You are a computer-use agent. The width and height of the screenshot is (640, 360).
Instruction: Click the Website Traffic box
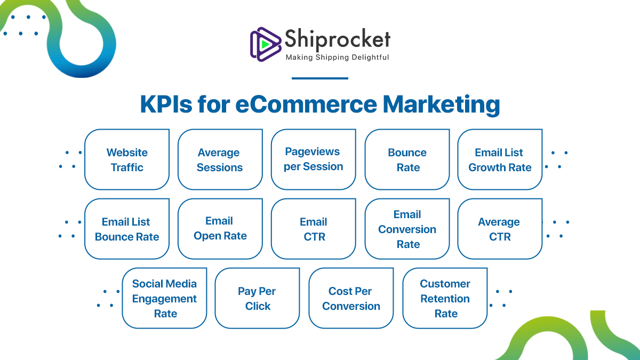pyautogui.click(x=127, y=159)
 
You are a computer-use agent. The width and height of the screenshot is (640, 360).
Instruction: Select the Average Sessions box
pyautogui.click(x=220, y=159)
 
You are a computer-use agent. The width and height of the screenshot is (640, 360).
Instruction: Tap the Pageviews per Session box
pyautogui.click(x=313, y=159)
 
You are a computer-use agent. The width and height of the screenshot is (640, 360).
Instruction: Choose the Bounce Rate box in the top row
pyautogui.click(x=407, y=159)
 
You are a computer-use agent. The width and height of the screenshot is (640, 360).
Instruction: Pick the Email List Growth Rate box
pyautogui.click(x=500, y=159)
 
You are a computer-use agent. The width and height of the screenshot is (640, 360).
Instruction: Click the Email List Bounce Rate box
pyautogui.click(x=127, y=229)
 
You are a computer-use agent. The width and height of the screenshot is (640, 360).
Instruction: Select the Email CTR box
pyautogui.click(x=313, y=229)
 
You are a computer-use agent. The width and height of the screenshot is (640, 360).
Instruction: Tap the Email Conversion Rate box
pyautogui.click(x=407, y=229)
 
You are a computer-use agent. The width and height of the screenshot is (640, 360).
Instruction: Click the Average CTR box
pyautogui.click(x=500, y=229)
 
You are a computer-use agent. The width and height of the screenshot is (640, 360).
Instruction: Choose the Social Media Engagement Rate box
pyautogui.click(x=164, y=298)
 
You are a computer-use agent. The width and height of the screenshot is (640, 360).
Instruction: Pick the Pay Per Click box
pyautogui.click(x=257, y=298)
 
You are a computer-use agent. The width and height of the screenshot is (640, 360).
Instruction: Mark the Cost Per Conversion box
pyautogui.click(x=351, y=298)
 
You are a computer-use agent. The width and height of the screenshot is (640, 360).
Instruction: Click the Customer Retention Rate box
pyautogui.click(x=445, y=298)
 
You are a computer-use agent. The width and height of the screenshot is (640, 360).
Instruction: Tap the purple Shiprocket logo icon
pyautogui.click(x=265, y=43)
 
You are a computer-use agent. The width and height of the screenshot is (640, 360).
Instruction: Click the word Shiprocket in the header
pyautogui.click(x=337, y=39)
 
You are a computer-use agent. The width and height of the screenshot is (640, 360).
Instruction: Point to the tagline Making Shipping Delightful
pyautogui.click(x=337, y=57)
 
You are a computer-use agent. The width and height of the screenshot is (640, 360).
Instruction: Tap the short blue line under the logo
pyautogui.click(x=320, y=78)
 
